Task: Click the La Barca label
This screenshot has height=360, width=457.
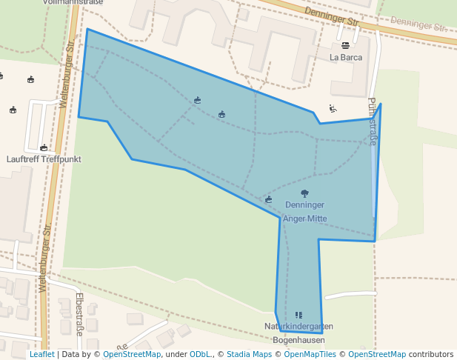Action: click(x=346, y=56)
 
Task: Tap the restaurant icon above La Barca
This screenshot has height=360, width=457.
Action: click(x=346, y=45)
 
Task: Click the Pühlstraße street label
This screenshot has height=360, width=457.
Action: click(x=372, y=122)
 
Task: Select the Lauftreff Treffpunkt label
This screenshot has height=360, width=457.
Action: click(x=43, y=159)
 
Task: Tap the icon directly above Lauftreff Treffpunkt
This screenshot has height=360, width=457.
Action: click(x=44, y=147)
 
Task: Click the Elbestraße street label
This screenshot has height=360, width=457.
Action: click(x=79, y=314)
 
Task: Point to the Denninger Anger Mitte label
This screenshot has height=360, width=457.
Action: click(x=304, y=211)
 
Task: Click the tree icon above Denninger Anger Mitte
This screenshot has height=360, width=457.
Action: click(x=304, y=193)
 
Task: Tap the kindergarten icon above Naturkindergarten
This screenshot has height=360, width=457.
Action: click(x=298, y=315)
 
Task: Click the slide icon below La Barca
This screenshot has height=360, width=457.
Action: click(x=333, y=109)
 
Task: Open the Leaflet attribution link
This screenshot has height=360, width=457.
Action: click(x=41, y=354)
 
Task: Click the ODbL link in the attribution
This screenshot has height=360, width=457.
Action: click(x=200, y=354)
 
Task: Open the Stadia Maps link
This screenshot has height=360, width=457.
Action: click(x=249, y=354)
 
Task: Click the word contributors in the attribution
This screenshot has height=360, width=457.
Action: click(x=431, y=354)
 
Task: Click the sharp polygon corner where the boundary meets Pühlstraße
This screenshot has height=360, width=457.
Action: click(x=381, y=104)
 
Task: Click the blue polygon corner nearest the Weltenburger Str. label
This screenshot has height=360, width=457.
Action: click(x=87, y=30)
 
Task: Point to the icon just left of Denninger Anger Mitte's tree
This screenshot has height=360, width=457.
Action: click(x=269, y=199)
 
